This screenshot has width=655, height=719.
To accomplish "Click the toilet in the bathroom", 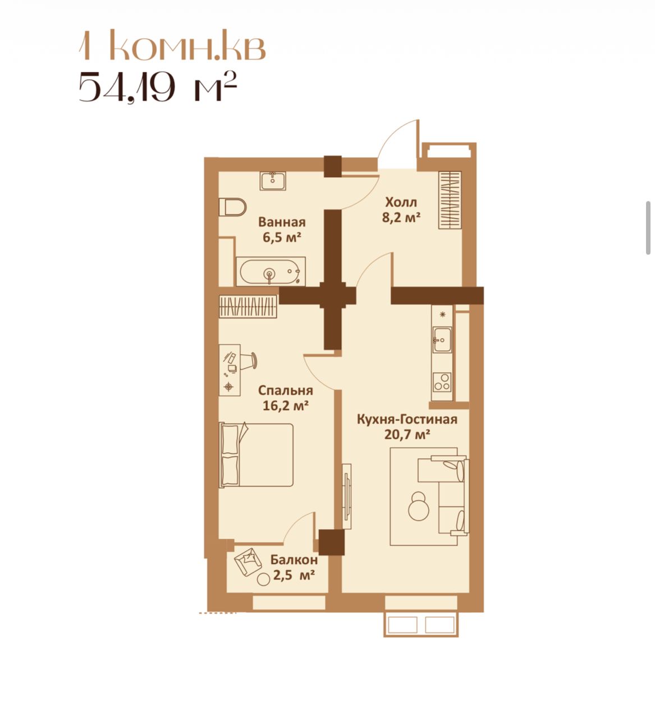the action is pos(232,207).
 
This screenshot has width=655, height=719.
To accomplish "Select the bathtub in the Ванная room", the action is pos(271,271).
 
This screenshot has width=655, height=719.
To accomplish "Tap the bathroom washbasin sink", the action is pos(273,181).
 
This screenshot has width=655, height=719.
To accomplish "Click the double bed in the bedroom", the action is pos(256,455).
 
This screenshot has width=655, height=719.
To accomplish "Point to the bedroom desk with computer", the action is pos(230,370).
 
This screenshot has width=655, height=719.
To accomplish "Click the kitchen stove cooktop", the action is pos(442,382).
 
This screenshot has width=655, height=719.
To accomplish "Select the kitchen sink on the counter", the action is pos(442,339).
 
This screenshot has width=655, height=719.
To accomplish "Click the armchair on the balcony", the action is pos(247,562).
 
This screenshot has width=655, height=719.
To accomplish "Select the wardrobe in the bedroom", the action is pos(248,307).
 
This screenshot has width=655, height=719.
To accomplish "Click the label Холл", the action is pos(401,203).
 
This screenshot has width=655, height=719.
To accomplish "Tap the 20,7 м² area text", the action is pos(407,434).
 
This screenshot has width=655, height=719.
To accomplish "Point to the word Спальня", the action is pos(286,390).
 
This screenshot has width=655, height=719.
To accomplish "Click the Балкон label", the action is pos(294,559).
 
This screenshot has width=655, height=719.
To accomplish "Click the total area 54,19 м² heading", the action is pos(158,87).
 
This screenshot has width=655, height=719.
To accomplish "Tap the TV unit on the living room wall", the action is pos(347,497).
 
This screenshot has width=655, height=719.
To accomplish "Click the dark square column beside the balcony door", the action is pos(331,542).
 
